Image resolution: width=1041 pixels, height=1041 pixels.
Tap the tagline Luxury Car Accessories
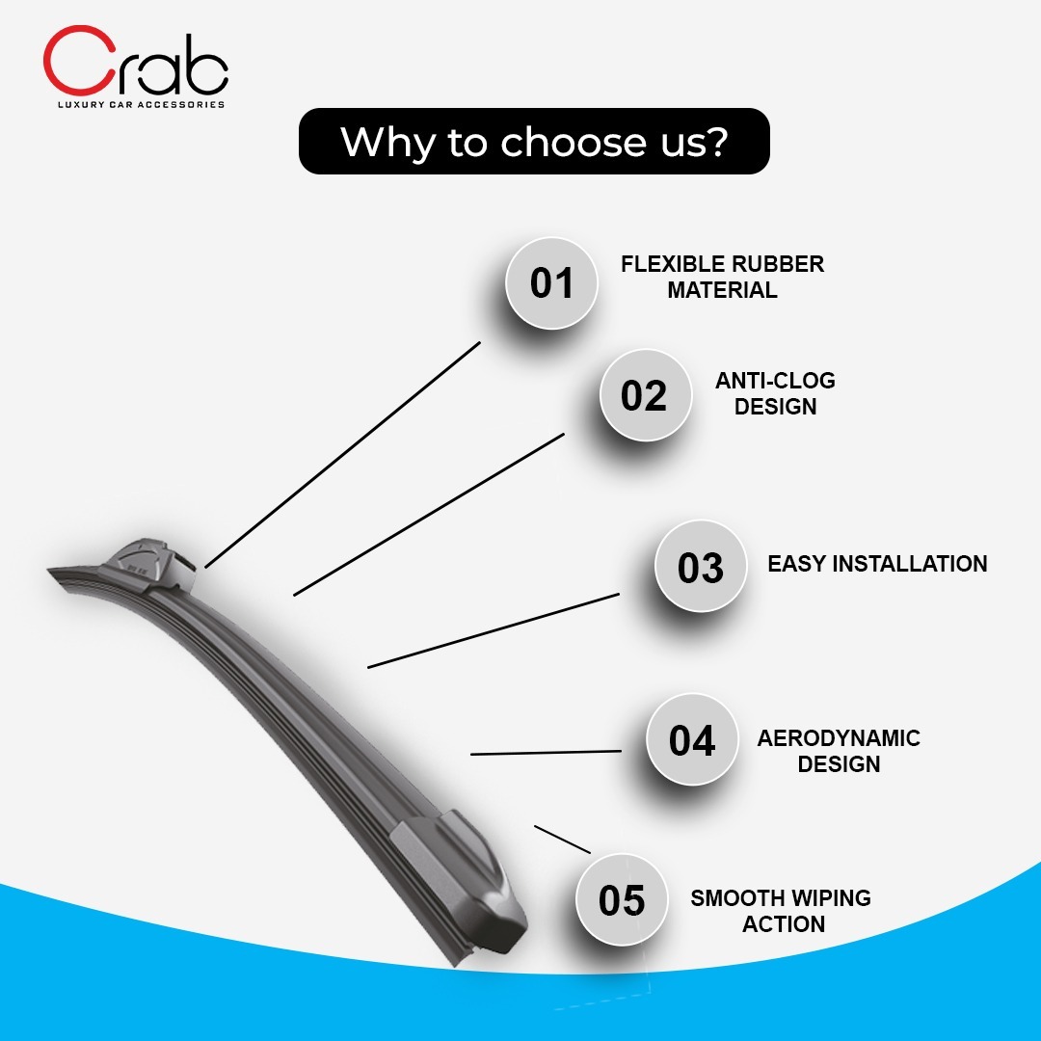142,104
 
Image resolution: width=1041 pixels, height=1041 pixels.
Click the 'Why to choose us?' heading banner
534,142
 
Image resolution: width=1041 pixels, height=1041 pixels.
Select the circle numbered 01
551,283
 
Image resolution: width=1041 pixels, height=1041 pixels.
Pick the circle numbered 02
645,395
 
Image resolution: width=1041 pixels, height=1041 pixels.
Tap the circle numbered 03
701,567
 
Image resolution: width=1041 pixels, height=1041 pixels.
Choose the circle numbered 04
692,739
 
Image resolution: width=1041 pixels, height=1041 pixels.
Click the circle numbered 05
622,899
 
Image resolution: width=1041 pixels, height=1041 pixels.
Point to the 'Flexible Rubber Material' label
722,277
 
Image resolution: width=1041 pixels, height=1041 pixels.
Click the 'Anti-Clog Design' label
775,393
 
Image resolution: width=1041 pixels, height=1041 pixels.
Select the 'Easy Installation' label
877,564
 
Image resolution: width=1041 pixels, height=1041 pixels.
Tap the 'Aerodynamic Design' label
839,751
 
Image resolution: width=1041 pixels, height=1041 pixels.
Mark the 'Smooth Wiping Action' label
781,911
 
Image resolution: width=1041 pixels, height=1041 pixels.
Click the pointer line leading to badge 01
342,455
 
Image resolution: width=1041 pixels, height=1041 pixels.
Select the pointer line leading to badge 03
494,630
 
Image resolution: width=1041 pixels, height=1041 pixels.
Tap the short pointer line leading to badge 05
562,840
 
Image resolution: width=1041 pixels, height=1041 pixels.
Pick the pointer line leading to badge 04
546,753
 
